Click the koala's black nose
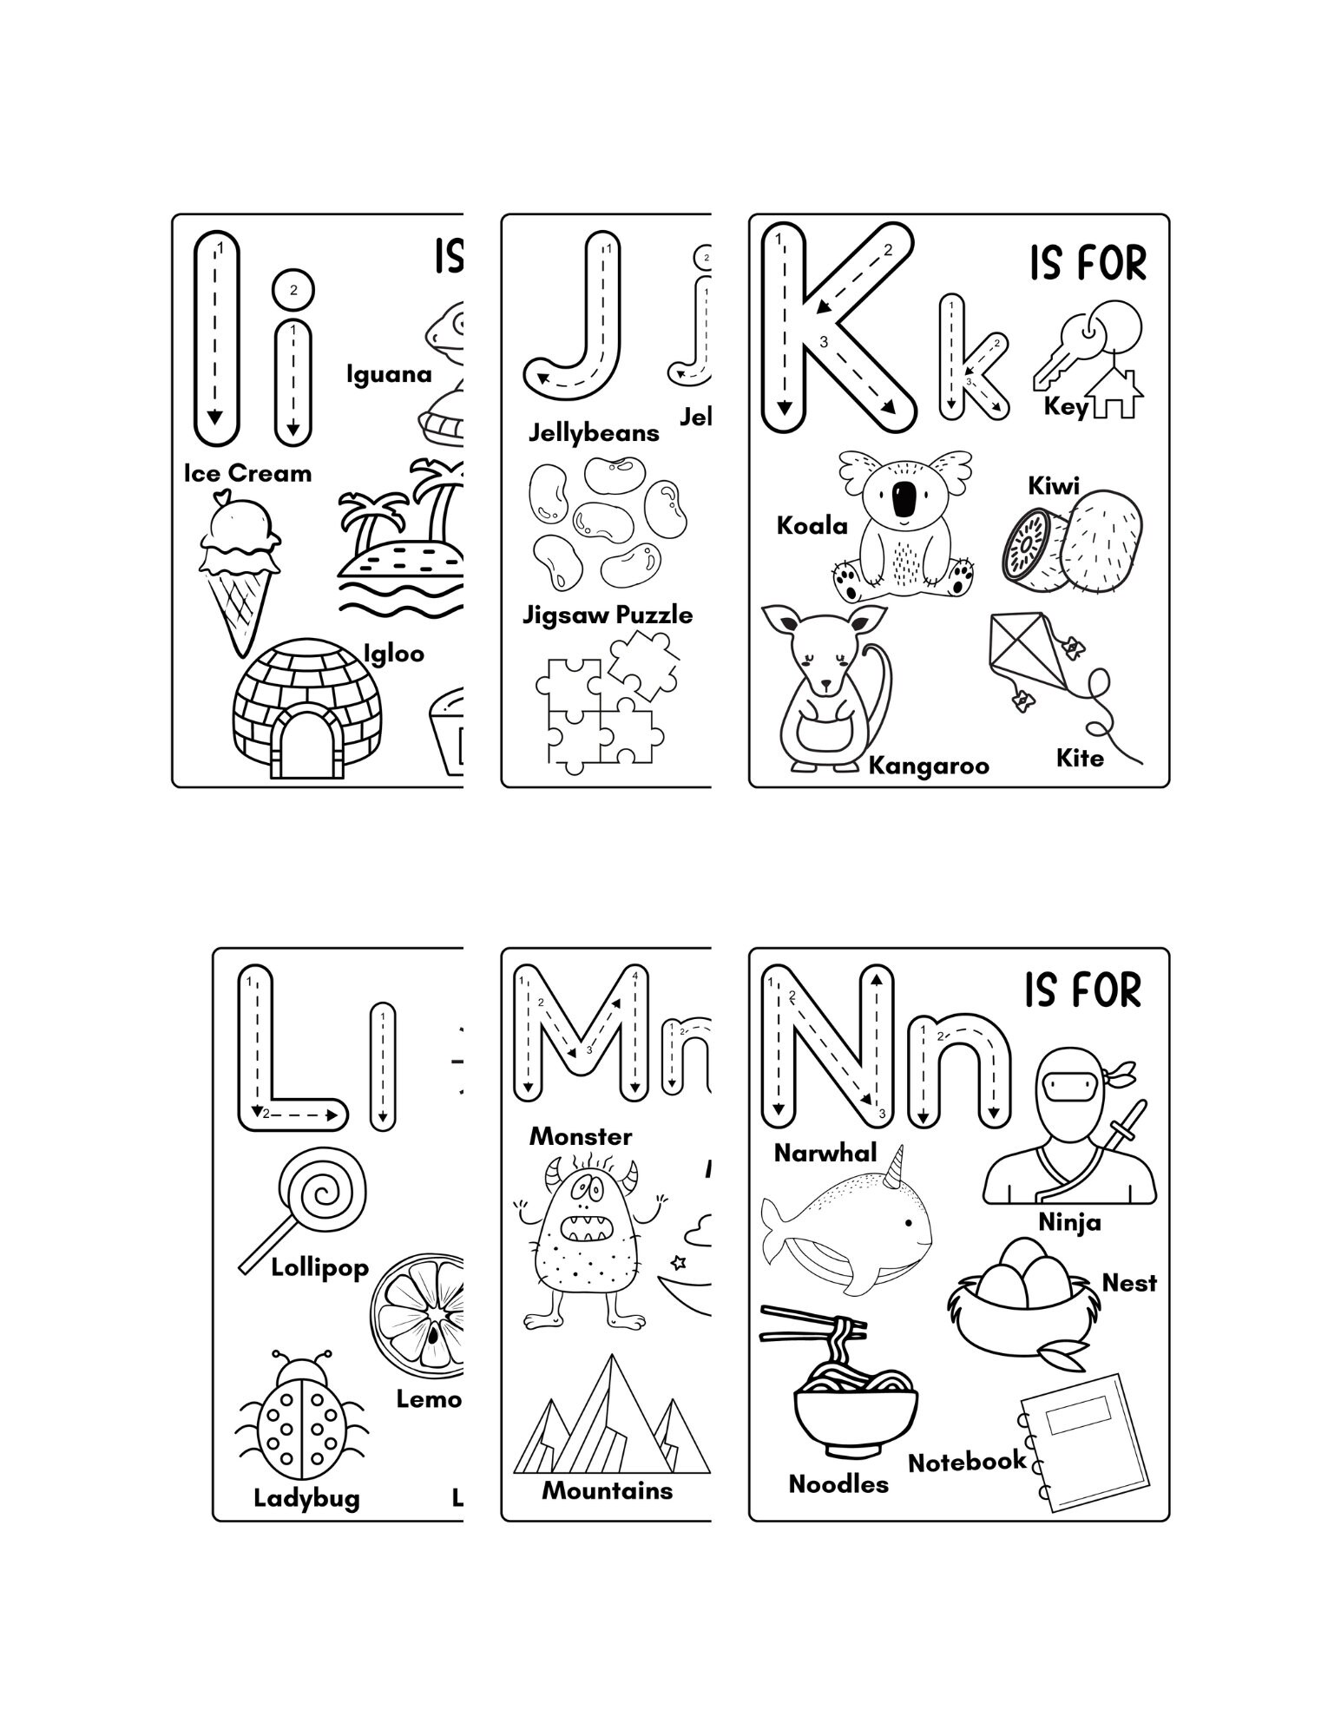tap(904, 497)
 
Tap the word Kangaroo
tap(928, 766)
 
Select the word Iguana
tap(388, 374)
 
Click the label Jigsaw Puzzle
tap(607, 615)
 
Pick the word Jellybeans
tap(594, 432)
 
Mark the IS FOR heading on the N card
tap(1081, 990)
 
